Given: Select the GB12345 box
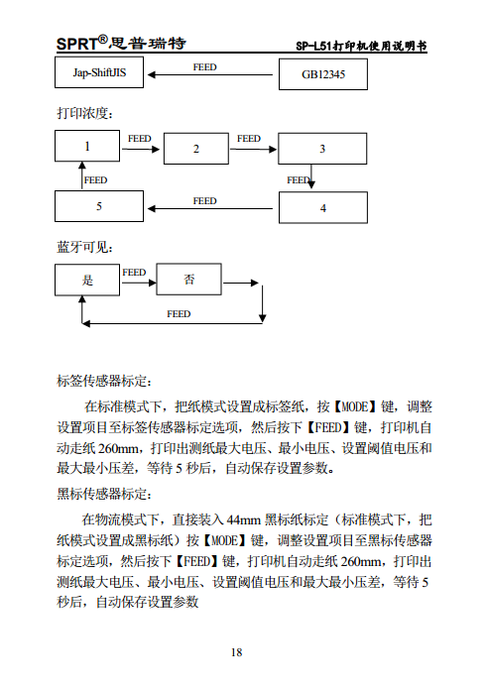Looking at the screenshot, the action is pos(323,75).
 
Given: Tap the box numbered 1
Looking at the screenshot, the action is pos(87,147).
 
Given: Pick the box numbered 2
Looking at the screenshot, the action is pos(196,149).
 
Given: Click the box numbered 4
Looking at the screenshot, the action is pos(322,208).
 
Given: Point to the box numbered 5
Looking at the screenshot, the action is pos(99,207).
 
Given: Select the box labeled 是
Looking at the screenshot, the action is pos(87,281).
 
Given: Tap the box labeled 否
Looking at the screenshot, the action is pos(189,281).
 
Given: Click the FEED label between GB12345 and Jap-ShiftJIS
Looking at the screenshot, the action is pos(204,67).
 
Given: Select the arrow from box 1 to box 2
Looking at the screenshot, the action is pos(141,150).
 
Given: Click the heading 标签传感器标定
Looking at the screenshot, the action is pos(104,381).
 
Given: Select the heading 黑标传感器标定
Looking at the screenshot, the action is pos(104,494).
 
